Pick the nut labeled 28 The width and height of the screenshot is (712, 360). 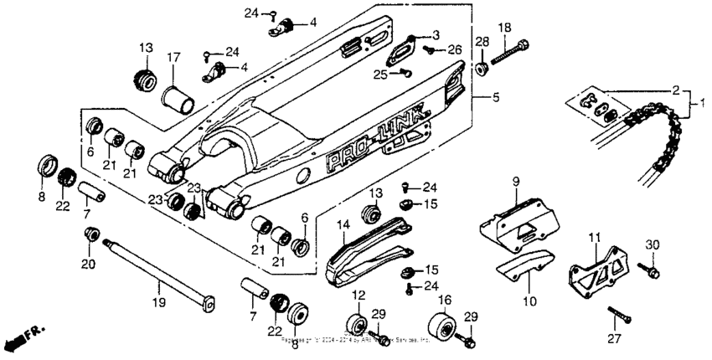tap(482, 67)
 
